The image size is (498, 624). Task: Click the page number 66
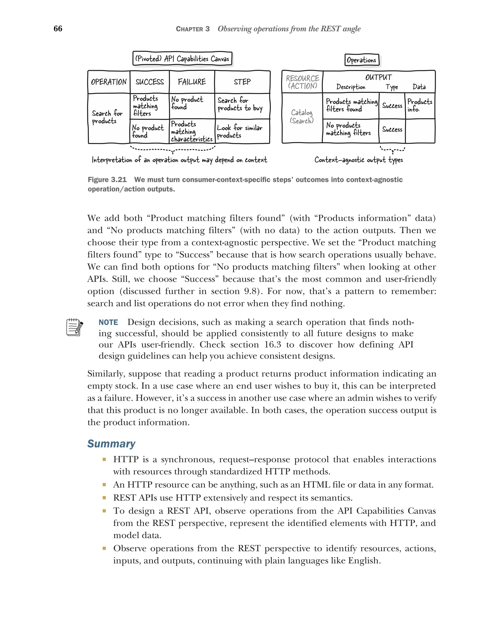[x=58, y=28]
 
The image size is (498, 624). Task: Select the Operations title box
[x=361, y=60]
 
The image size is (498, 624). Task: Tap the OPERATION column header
[x=109, y=82]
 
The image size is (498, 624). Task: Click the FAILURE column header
[x=192, y=82]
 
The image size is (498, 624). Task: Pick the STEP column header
[x=242, y=82]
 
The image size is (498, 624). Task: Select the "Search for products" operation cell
[x=107, y=117]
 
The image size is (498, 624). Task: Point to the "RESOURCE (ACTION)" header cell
[x=302, y=82]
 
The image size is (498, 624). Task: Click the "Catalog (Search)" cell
[x=302, y=117]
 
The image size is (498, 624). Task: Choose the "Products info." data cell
[x=419, y=105]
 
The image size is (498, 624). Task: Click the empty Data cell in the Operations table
[x=420, y=131]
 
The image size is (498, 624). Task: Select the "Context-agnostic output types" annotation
[x=358, y=160]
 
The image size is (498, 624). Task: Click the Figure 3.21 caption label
[x=107, y=180]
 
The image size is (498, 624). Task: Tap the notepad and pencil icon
[x=74, y=327]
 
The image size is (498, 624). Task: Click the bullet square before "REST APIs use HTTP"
[x=104, y=497]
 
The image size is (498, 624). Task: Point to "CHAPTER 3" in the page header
[x=193, y=29]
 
